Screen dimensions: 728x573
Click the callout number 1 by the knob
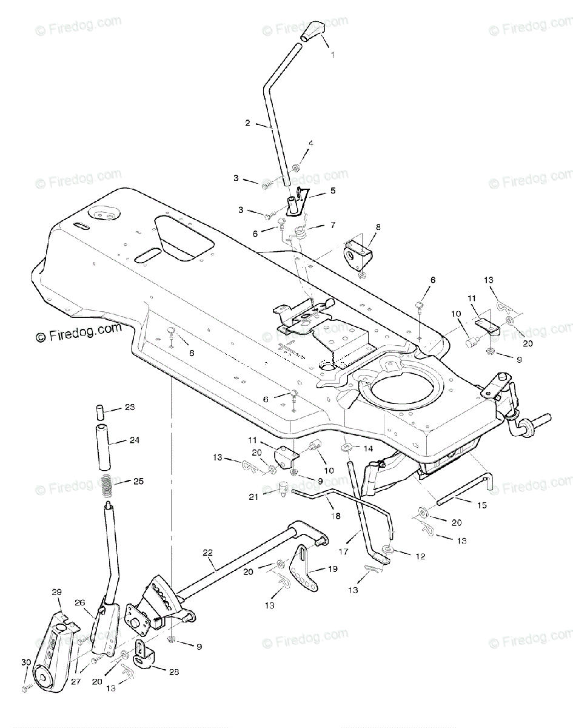[332, 55]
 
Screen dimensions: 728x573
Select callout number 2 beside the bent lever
[247, 123]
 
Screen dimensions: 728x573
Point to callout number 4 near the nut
[310, 144]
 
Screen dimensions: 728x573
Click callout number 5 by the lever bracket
[332, 190]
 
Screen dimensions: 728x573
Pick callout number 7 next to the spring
[332, 225]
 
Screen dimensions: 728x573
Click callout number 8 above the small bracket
[378, 226]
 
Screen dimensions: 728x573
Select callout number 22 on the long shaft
[207, 552]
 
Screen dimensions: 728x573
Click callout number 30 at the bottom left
[25, 662]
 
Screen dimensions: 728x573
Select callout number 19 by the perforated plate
[332, 569]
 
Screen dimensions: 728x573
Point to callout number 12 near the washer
[420, 556]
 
